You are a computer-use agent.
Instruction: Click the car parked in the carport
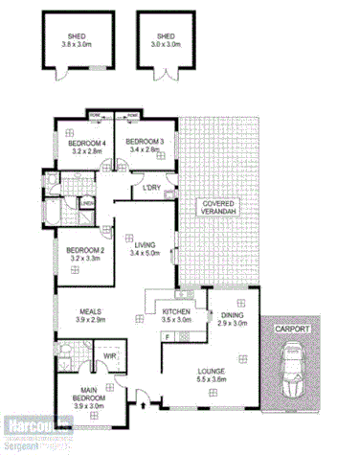tap(293, 374)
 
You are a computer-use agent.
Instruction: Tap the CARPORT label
tap(293, 329)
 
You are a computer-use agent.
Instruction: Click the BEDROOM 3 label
tap(146, 142)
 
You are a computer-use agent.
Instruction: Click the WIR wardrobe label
tap(110, 355)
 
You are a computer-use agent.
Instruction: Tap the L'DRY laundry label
tap(150, 187)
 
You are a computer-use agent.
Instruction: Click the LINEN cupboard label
tap(86, 203)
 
